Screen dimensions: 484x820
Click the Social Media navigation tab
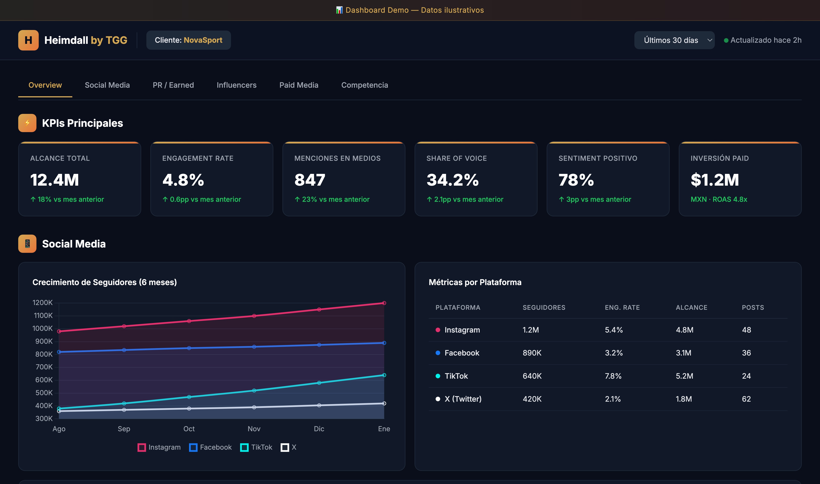click(x=107, y=85)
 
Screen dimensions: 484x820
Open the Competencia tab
click(x=364, y=85)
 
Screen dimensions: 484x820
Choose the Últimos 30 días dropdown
click(x=674, y=40)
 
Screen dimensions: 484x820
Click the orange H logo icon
click(x=28, y=40)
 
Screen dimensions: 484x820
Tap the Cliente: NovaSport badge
click(x=188, y=40)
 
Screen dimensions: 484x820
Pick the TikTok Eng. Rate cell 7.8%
click(x=613, y=376)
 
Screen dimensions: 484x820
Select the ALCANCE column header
click(x=691, y=307)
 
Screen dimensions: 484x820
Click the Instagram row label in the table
click(x=462, y=330)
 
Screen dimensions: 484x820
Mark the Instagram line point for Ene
click(x=384, y=303)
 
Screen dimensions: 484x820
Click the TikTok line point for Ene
click(x=384, y=375)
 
